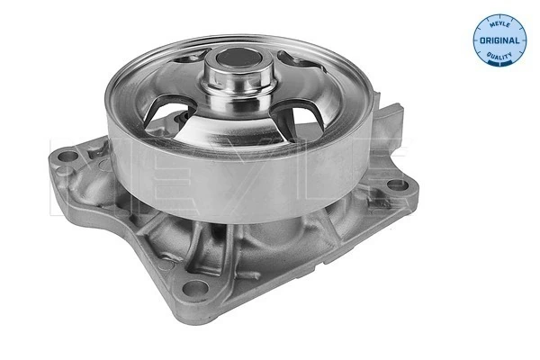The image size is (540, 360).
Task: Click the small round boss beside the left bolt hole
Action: pos(97,153)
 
